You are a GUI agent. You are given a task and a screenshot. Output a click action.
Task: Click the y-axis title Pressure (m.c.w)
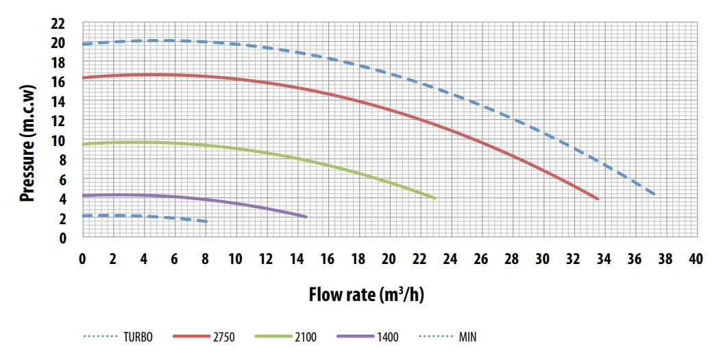tap(27, 130)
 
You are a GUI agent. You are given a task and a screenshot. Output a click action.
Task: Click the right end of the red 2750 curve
tap(598, 199)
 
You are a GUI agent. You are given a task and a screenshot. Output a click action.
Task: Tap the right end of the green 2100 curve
tap(435, 198)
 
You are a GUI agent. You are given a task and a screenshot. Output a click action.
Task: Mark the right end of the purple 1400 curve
tap(306, 217)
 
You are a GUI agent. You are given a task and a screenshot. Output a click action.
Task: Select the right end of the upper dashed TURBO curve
tap(655, 195)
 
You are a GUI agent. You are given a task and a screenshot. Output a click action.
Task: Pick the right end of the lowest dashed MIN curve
tap(206, 221)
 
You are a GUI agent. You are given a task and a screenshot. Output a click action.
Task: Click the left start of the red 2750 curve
tap(83, 78)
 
